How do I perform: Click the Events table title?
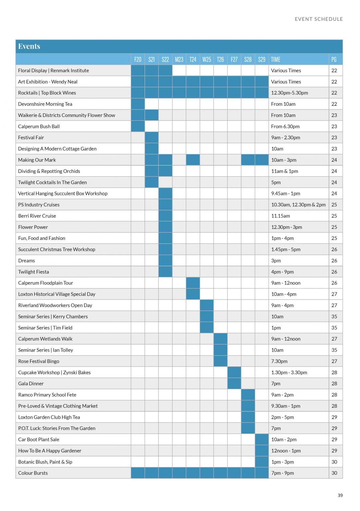[x=29, y=46]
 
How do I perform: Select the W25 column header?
[x=207, y=60]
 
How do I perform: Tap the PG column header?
[x=334, y=60]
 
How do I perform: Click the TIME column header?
[x=275, y=60]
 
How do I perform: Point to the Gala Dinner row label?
[x=31, y=384]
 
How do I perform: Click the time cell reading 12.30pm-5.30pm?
[x=289, y=93]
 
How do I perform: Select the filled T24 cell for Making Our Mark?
[x=193, y=160]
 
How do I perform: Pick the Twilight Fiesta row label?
[x=34, y=272]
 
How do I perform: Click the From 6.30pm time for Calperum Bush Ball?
[x=285, y=126]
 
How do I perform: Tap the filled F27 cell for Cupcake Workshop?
[x=234, y=372]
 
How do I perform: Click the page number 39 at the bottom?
[x=340, y=495]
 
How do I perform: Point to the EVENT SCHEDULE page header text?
[x=319, y=19]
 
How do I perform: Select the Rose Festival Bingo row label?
[x=39, y=361]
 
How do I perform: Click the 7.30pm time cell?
[x=279, y=361]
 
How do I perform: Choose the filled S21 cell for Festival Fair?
[x=151, y=137]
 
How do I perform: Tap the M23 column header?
[x=179, y=60]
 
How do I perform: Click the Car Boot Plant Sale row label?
[x=39, y=439]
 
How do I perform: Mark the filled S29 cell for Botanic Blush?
[x=262, y=462]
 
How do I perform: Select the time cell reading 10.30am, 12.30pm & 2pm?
[x=298, y=205]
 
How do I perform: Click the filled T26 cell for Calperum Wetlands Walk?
[x=220, y=339]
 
